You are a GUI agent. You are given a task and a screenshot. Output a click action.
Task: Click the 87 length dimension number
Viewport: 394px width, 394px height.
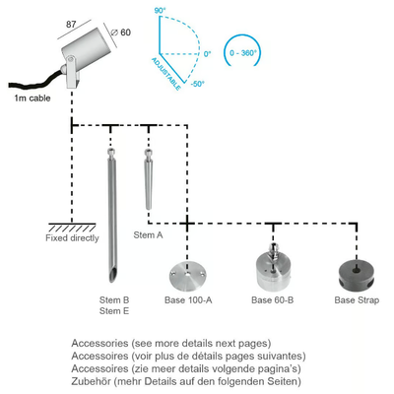point(71,25)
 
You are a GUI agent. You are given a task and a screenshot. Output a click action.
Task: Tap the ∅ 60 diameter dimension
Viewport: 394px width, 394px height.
point(120,33)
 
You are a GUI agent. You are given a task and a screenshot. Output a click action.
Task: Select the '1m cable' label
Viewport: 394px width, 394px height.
point(33,98)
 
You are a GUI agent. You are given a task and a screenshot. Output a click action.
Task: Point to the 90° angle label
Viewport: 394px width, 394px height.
point(159,11)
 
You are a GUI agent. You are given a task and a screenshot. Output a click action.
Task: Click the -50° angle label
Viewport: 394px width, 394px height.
point(197,84)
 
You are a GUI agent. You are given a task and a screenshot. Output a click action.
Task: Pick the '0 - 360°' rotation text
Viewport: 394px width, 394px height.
point(242,53)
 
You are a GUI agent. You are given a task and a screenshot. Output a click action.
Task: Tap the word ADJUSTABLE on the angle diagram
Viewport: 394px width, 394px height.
point(165,74)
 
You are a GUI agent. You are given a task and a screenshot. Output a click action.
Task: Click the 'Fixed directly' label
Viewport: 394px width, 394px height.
point(72,238)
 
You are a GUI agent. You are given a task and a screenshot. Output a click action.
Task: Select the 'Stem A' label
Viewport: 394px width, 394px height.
point(148,235)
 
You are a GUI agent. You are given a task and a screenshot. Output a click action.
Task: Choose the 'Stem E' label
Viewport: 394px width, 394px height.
point(114,311)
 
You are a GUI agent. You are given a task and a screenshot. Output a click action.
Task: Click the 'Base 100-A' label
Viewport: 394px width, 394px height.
point(188,300)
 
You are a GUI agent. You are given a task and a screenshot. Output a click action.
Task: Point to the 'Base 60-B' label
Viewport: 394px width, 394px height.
point(273,300)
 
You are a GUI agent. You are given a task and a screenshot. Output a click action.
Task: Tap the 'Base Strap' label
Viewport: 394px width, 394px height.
point(357,300)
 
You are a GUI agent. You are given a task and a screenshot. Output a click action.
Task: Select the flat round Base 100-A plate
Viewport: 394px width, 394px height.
point(187,275)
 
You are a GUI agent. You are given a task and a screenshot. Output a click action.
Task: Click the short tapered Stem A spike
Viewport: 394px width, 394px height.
point(149,179)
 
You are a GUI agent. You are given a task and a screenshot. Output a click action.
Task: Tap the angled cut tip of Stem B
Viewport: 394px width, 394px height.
point(112,275)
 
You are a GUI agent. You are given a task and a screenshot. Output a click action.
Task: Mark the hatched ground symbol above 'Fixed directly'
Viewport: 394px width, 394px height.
point(72,228)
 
